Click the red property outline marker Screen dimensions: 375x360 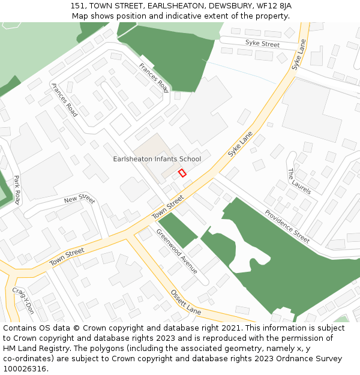tap(182, 173)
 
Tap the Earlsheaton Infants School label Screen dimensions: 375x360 tap(157, 159)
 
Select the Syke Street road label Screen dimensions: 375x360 tap(262, 44)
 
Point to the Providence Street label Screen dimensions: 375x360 tap(287, 226)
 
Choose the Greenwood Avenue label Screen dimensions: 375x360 tap(176, 251)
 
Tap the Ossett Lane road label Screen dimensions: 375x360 tap(185, 302)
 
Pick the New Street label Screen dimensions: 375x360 tap(79, 199)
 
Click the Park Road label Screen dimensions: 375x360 tap(17, 190)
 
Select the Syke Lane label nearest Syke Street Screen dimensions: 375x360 tap(299, 55)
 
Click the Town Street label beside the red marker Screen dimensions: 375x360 tap(167, 207)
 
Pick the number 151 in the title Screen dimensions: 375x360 tap(77, 5)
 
